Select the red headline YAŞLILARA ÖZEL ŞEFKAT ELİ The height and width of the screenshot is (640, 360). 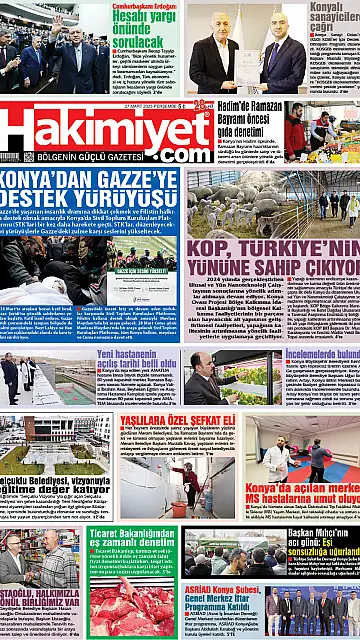181,420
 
